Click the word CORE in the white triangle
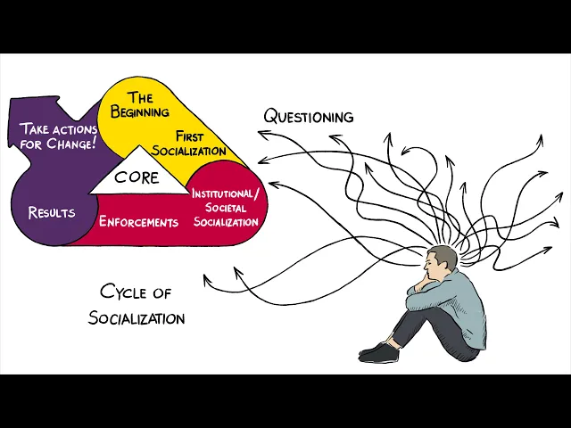pyautogui.click(x=137, y=177)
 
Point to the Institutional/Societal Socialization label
pyautogui.click(x=226, y=208)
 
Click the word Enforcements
pyautogui.click(x=138, y=221)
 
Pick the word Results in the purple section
pyautogui.click(x=52, y=213)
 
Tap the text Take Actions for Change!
pyautogui.click(x=58, y=135)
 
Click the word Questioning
pyautogui.click(x=309, y=117)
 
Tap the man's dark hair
pyautogui.click(x=443, y=255)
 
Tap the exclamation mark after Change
pyautogui.click(x=95, y=142)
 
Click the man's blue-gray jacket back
pyautogui.click(x=468, y=299)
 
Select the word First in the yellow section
pyautogui.click(x=190, y=136)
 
